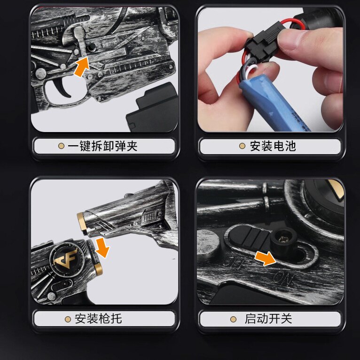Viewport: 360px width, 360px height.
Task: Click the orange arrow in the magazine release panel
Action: [82, 66]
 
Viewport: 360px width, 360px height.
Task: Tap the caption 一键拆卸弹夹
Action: [102, 146]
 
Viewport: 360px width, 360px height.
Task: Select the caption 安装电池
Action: [273, 146]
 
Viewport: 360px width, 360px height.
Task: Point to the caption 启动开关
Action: [268, 319]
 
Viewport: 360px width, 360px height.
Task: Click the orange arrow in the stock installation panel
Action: [102, 248]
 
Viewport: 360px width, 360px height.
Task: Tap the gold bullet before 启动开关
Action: [233, 319]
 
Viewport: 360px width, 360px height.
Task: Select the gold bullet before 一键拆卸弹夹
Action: [61, 146]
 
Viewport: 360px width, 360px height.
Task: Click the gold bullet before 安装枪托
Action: [68, 319]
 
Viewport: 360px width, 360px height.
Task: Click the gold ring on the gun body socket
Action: [98, 268]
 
